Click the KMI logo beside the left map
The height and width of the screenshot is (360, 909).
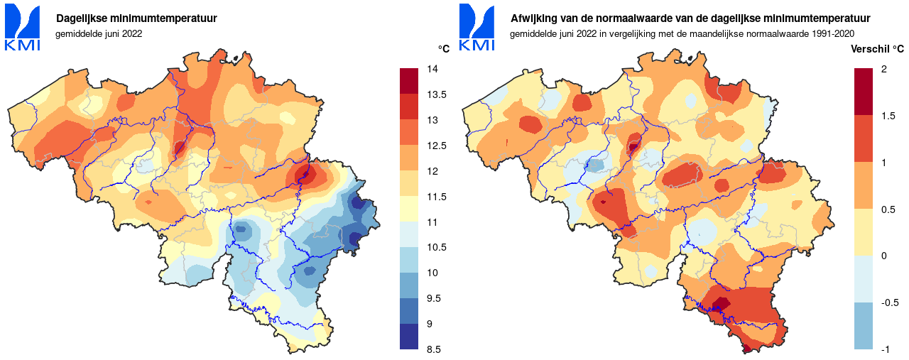pos(23,28)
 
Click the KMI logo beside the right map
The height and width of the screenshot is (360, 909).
pos(477,28)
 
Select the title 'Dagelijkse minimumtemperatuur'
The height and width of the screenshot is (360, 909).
pos(136,18)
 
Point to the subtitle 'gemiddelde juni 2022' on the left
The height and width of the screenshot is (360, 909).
pos(99,33)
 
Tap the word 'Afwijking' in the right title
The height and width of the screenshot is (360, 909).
pos(533,18)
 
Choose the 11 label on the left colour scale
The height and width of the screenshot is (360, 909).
pos(431,222)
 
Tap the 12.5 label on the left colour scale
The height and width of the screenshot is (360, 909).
pos(435,146)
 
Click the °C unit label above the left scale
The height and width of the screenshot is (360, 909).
pos(443,49)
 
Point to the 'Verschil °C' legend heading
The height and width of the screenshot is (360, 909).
pos(877,49)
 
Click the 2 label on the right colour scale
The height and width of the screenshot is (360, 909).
pos(883,69)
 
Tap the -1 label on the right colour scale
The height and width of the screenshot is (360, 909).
pos(886,349)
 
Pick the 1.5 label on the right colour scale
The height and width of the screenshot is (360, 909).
pos(888,116)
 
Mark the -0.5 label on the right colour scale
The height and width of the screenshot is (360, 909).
pos(890,302)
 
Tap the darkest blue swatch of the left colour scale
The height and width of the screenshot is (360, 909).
pos(409,337)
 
